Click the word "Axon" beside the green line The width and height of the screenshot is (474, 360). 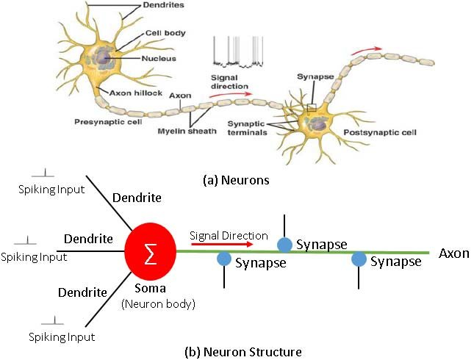click(453, 253)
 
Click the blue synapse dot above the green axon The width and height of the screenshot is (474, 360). click(284, 245)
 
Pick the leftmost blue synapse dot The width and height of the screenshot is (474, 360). click(224, 259)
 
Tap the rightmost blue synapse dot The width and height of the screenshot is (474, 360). click(359, 259)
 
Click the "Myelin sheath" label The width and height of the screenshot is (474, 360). click(195, 132)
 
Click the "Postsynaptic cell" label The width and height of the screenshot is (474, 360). click(380, 133)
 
